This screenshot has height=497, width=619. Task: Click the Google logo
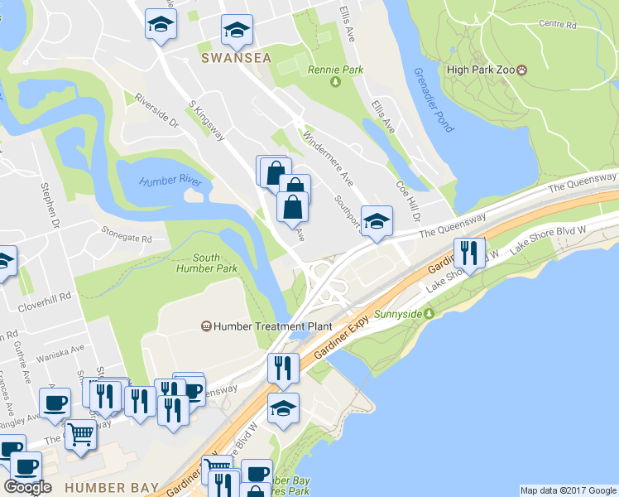28,487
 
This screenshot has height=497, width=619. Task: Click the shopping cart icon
80,432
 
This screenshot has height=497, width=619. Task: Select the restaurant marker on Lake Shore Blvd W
469,253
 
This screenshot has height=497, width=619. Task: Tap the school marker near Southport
377,220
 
